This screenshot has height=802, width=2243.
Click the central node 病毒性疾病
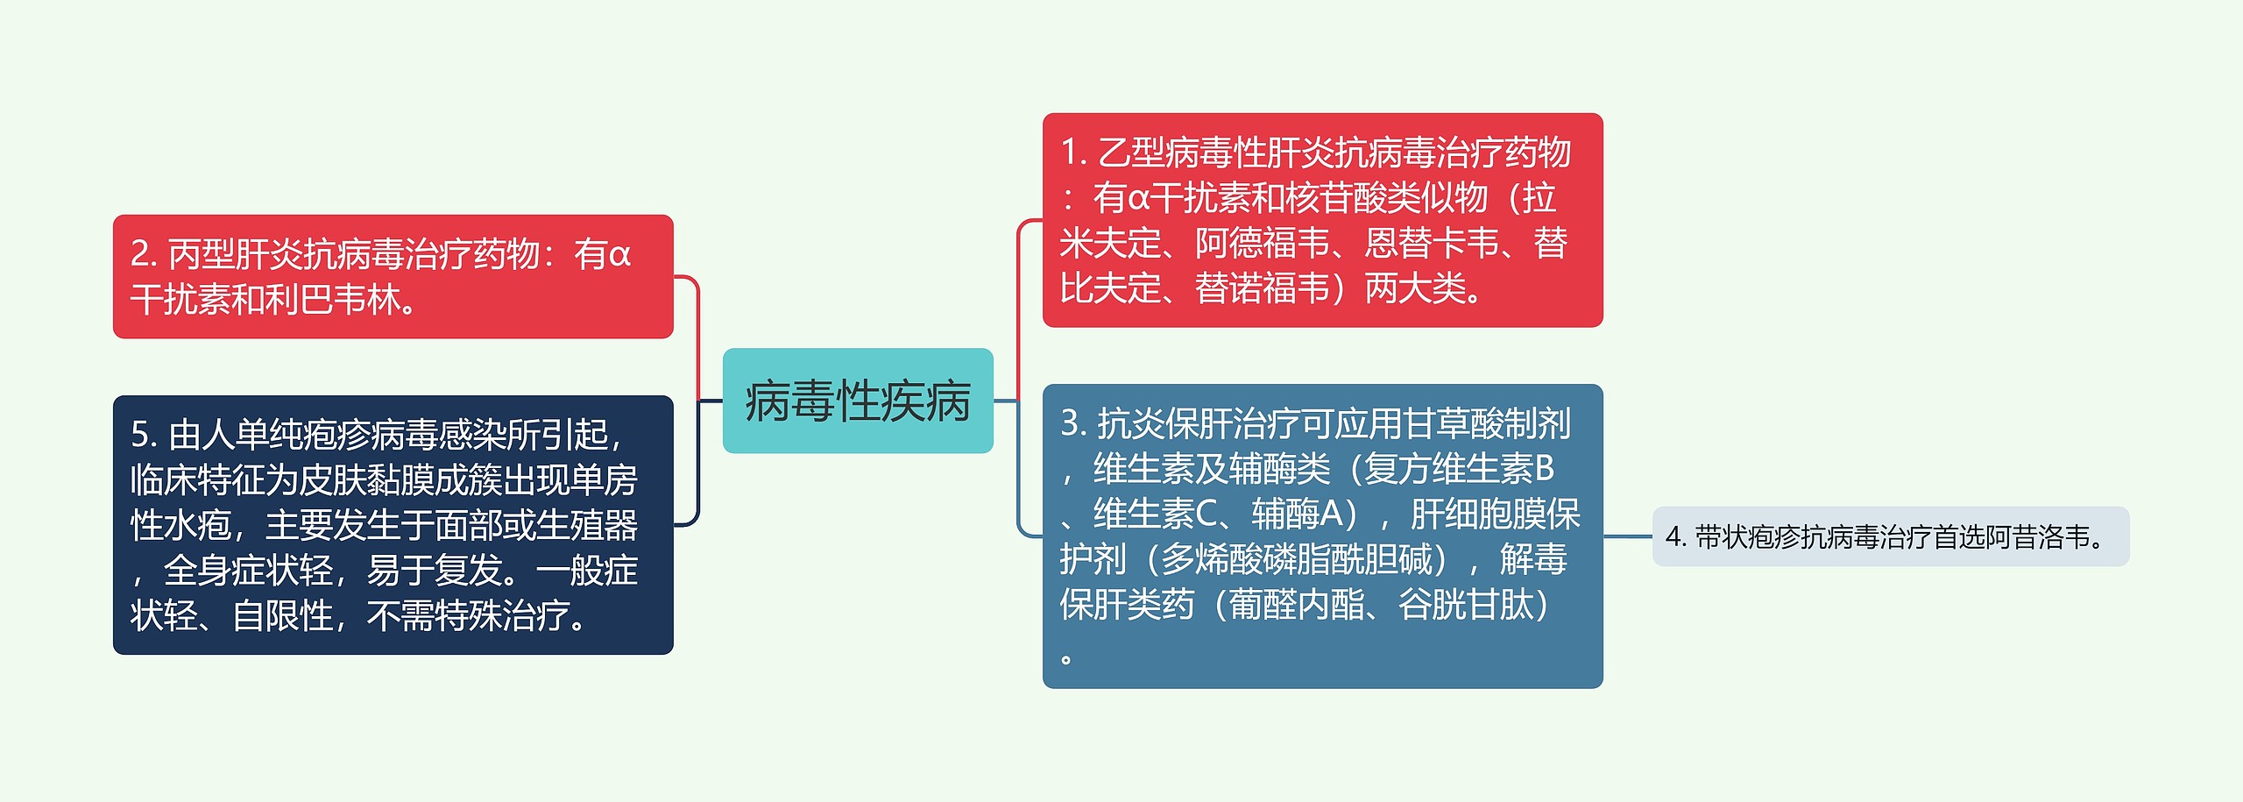tap(857, 401)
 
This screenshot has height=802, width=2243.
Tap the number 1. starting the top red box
tap(1072, 153)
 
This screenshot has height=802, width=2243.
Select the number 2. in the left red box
tap(143, 254)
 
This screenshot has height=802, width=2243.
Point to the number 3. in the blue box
tap(1072, 423)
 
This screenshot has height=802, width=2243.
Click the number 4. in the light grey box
tap(1675, 536)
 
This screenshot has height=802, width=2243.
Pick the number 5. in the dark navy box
tap(143, 435)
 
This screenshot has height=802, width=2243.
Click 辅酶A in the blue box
tap(1297, 515)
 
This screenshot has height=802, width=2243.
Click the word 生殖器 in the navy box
tap(587, 526)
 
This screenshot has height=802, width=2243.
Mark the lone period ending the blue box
tap(1066, 658)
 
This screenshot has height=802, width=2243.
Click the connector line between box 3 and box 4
tap(1627, 536)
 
